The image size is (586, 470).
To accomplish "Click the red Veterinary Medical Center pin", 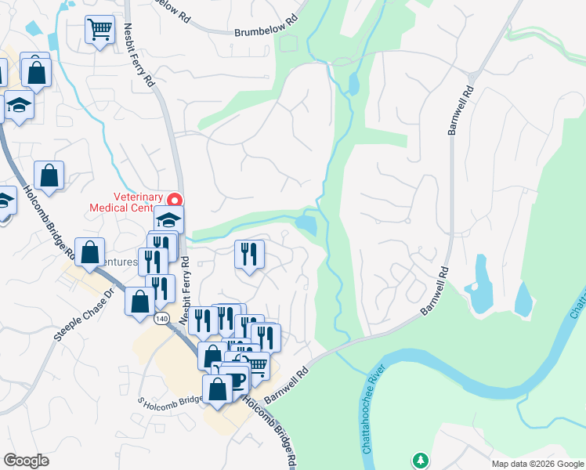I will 176,200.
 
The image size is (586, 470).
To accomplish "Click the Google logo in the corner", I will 26,461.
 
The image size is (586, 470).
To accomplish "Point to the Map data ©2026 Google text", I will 537,464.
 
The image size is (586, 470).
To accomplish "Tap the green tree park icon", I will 421,460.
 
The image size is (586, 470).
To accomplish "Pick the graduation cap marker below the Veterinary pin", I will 168,219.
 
